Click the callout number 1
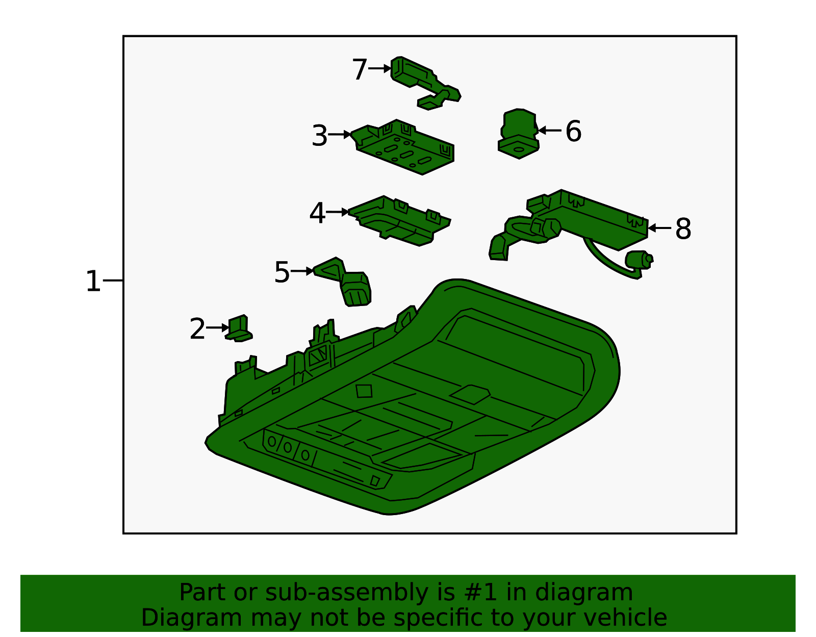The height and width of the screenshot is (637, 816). pyautogui.click(x=93, y=281)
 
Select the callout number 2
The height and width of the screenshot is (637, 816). pyautogui.click(x=197, y=329)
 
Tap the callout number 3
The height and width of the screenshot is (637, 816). pyautogui.click(x=320, y=136)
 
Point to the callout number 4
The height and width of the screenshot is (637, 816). pyautogui.click(x=317, y=213)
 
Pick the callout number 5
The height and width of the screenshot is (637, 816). pyautogui.click(x=282, y=272)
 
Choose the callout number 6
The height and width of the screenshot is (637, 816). pyautogui.click(x=573, y=131)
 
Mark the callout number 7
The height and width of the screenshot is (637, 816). pyautogui.click(x=360, y=69)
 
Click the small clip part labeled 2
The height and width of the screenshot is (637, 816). pyautogui.click(x=239, y=328)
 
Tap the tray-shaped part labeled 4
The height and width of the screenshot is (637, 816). pyautogui.click(x=399, y=221)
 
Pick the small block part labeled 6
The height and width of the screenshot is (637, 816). pyautogui.click(x=519, y=134)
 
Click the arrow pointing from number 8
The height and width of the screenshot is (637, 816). pyautogui.click(x=659, y=228)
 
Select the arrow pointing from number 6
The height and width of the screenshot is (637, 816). pyautogui.click(x=550, y=131)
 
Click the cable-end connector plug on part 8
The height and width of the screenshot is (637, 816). pyautogui.click(x=639, y=260)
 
